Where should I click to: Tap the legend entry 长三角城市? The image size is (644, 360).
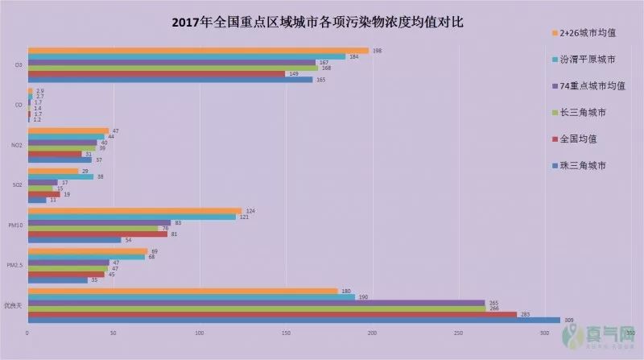point(583,112)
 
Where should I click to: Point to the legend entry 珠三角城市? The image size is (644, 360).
point(583,165)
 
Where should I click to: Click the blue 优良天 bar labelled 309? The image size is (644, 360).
point(294,321)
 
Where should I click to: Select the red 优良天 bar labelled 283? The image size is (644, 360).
point(272,314)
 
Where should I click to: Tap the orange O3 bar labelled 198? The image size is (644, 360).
point(198,51)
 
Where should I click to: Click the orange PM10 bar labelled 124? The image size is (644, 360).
point(134,211)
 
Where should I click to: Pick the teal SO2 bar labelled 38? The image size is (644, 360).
point(60,176)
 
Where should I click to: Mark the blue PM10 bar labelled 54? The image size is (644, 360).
point(74,240)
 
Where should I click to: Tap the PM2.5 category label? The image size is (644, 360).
point(14,266)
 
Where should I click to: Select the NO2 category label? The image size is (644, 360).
point(16,146)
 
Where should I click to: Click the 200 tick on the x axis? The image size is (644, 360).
point(372,332)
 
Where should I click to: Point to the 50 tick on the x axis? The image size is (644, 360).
point(114,332)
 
